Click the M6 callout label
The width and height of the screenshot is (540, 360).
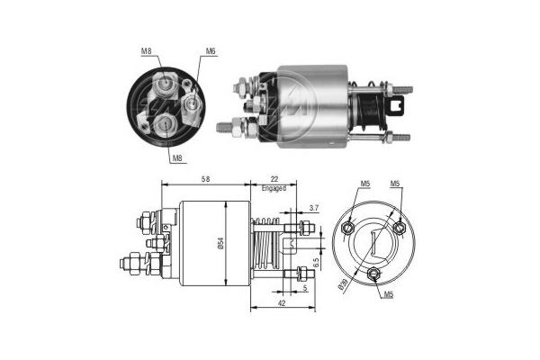click(x=211, y=51)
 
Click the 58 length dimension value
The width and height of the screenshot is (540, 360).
click(x=205, y=179)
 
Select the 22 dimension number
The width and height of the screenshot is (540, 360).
click(x=274, y=179)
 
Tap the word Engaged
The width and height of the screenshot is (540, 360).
click(x=274, y=188)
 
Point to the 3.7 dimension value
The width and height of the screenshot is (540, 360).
click(x=314, y=208)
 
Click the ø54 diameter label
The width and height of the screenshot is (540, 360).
click(x=221, y=243)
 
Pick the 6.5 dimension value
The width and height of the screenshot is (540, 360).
click(x=317, y=264)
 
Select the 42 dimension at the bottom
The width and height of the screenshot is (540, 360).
click(x=282, y=303)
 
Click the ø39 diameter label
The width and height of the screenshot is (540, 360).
click(x=343, y=285)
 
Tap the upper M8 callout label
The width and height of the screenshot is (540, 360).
click(x=147, y=51)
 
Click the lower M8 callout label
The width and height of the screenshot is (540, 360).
click(x=177, y=158)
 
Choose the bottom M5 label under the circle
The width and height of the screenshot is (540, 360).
click(x=388, y=294)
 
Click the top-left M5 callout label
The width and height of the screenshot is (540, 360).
click(x=365, y=184)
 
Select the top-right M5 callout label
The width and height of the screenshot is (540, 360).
click(x=395, y=184)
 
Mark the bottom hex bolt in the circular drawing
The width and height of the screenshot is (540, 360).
click(x=373, y=274)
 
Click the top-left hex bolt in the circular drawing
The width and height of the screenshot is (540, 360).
click(x=347, y=228)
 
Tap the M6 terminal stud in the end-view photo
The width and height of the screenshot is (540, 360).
click(x=191, y=103)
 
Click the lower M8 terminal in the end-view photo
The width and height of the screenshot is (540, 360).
click(x=165, y=124)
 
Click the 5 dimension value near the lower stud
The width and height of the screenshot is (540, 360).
click(x=305, y=288)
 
